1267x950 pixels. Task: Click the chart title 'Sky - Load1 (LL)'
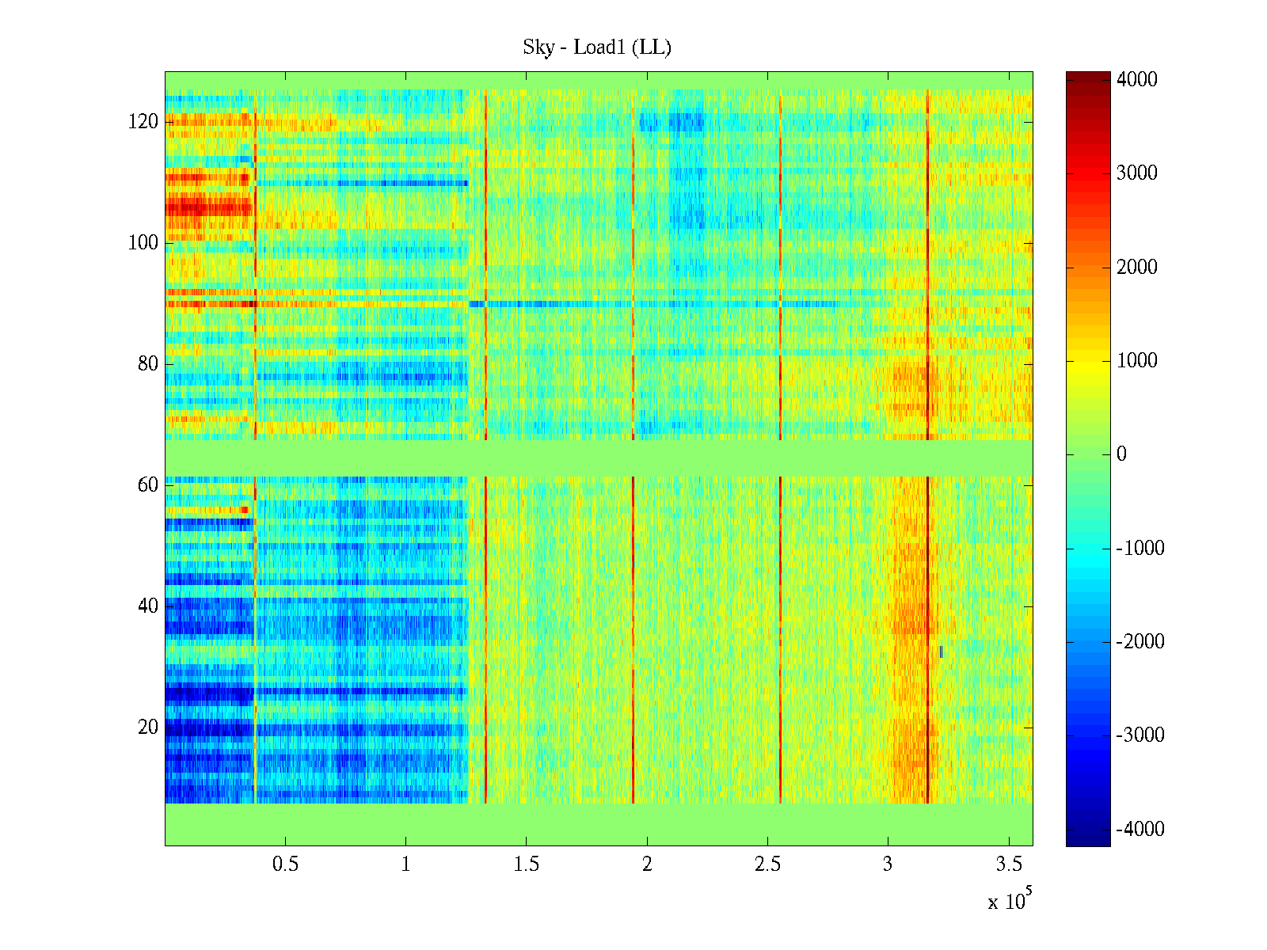[597, 47]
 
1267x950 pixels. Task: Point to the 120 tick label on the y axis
[143, 122]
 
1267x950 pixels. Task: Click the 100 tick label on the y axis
[143, 243]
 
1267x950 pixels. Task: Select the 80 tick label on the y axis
[148, 364]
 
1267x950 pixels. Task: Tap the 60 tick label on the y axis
[148, 485]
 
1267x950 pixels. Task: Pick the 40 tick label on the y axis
[148, 606]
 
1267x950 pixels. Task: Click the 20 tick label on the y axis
[148, 728]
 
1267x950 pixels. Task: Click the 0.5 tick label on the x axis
[286, 864]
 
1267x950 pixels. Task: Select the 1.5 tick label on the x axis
[527, 864]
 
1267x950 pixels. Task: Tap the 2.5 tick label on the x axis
[767, 864]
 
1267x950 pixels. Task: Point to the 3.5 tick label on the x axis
[1008, 864]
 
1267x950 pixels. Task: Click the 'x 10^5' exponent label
[1010, 900]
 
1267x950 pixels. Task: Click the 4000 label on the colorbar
[1137, 80]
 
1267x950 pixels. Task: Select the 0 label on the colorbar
[1121, 454]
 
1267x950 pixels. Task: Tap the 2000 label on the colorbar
[1137, 268]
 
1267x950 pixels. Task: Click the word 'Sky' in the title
[538, 47]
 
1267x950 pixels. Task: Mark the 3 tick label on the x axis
[888, 864]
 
